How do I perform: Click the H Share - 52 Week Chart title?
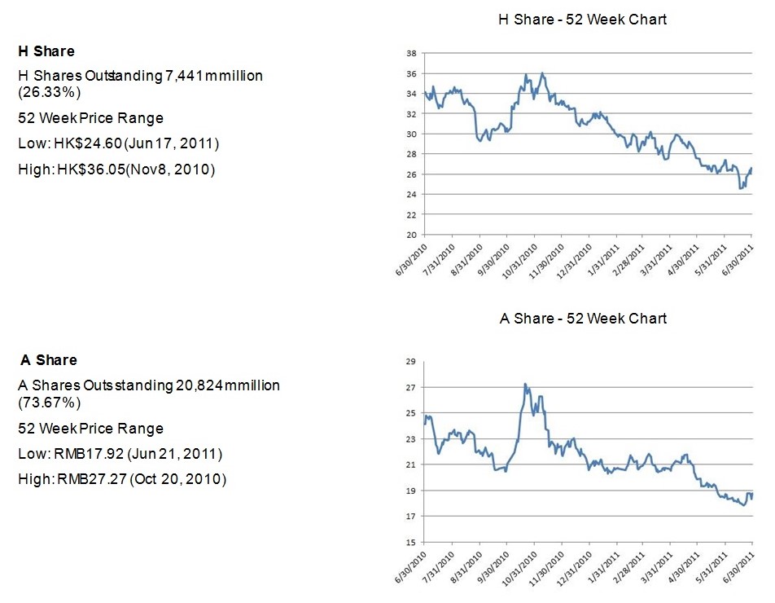[x=582, y=19]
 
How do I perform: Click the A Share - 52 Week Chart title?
[x=582, y=318]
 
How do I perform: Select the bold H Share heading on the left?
[x=46, y=51]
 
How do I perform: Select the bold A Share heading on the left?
[x=48, y=360]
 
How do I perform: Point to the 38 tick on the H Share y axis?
[x=411, y=54]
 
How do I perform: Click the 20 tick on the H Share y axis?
[x=411, y=235]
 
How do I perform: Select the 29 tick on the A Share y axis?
[x=411, y=361]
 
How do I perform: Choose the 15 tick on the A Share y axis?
[x=411, y=543]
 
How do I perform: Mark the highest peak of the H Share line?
[x=542, y=73]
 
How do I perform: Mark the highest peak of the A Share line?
[x=525, y=384]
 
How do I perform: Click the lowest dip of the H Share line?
[x=740, y=189]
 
